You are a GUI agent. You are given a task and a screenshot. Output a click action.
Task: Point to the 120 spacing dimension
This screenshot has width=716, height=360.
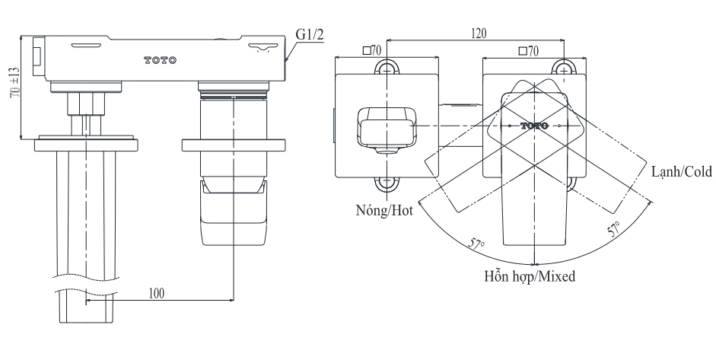pos(479,33)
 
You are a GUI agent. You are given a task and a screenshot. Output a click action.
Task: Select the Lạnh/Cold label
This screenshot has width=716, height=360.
pos(680,172)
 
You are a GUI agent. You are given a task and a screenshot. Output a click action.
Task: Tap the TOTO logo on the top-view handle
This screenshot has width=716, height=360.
pos(535,124)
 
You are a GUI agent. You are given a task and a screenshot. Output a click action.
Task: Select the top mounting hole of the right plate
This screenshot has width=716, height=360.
pos(564,68)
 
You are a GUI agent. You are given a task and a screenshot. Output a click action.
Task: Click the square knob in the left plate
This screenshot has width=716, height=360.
pos(387,127)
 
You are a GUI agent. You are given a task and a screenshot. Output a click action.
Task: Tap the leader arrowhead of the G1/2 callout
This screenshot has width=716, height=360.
pos(285,59)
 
